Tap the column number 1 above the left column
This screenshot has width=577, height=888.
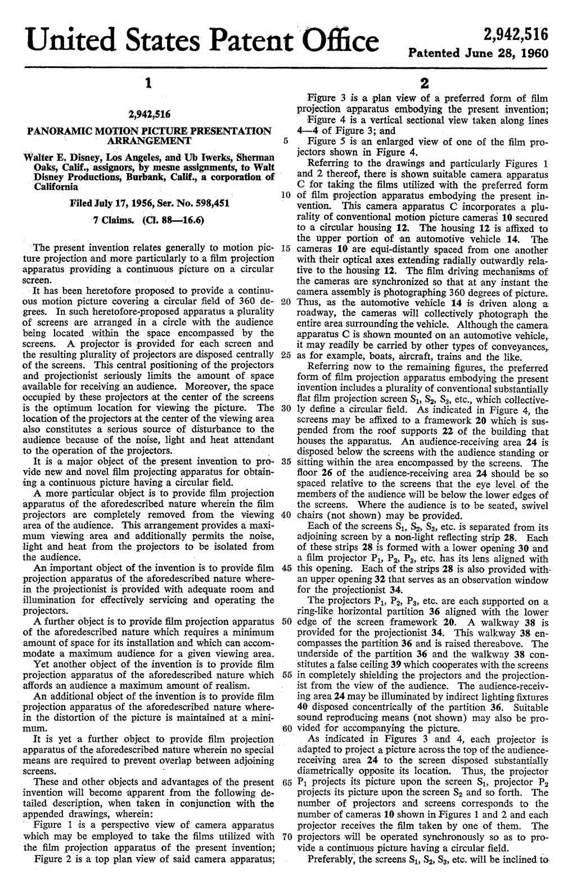tap(147, 83)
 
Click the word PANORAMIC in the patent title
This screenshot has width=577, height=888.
tap(57, 131)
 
